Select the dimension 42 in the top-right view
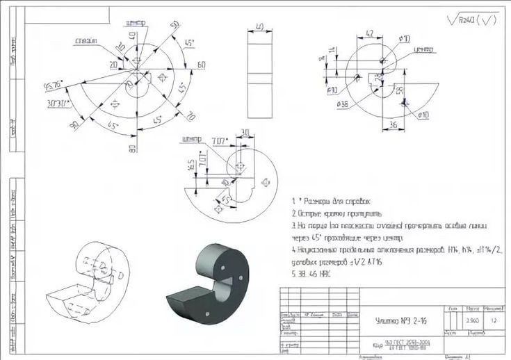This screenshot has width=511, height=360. [370, 33]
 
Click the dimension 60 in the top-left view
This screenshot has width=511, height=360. [201, 65]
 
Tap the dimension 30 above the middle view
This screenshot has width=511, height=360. [244, 133]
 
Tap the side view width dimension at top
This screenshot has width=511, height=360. [260, 26]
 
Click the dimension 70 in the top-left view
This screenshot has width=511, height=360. [191, 115]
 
